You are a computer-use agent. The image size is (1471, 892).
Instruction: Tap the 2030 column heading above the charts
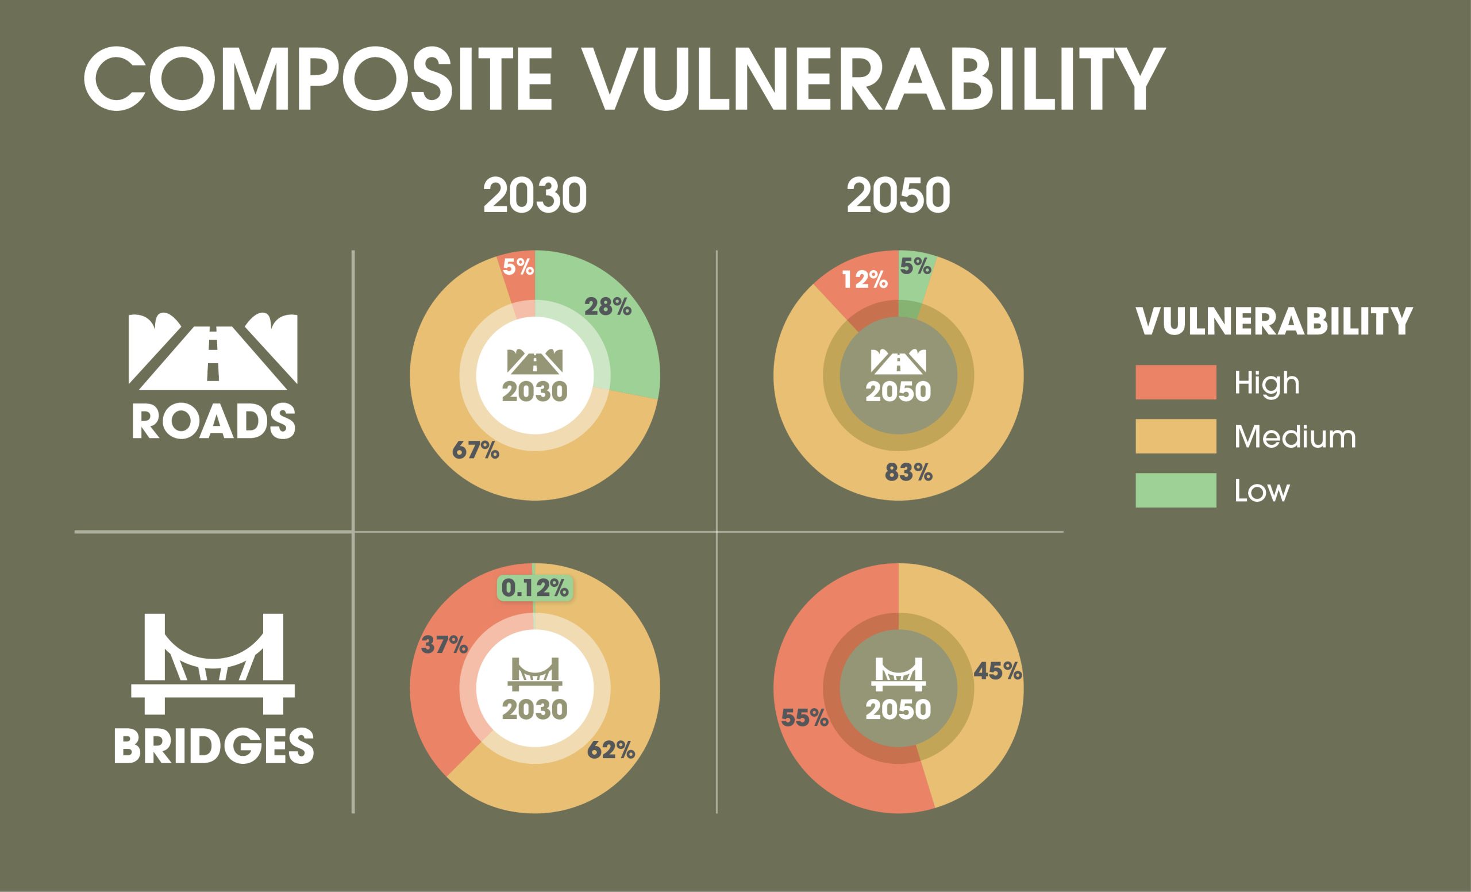click(x=534, y=195)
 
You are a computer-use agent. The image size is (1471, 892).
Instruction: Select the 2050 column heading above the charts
click(x=898, y=195)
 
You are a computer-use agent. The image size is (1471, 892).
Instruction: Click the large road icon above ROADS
click(x=213, y=351)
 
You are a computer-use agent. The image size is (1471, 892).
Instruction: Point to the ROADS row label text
click(x=213, y=421)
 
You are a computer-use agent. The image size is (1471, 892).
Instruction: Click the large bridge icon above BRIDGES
click(x=213, y=663)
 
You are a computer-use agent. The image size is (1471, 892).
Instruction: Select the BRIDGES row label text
click(x=213, y=745)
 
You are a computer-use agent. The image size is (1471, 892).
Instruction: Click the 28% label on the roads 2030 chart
click(x=607, y=307)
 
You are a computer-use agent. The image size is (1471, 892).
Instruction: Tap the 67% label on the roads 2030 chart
click(x=475, y=450)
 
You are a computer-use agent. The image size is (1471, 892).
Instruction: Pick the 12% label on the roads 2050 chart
click(x=864, y=279)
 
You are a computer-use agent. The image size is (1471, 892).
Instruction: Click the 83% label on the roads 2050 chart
click(x=908, y=472)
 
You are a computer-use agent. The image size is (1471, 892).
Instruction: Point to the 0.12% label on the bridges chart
click(x=535, y=588)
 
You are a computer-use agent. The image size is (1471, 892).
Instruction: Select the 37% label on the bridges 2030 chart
click(x=444, y=645)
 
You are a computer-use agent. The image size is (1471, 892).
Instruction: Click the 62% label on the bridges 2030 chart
click(x=611, y=750)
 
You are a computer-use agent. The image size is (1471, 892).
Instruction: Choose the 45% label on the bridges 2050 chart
click(x=997, y=672)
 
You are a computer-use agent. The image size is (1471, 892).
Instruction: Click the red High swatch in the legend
click(x=1176, y=382)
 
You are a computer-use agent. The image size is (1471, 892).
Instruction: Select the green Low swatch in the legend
click(x=1176, y=490)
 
